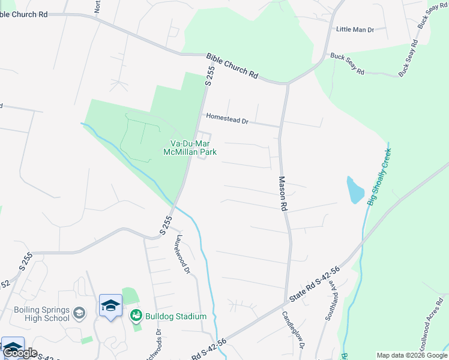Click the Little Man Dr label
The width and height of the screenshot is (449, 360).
click(x=355, y=29)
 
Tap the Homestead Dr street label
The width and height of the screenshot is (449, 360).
click(x=227, y=119)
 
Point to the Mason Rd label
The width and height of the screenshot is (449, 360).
click(x=282, y=193)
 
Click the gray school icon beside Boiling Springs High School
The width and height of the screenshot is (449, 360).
click(x=79, y=313)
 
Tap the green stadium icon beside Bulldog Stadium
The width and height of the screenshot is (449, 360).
click(x=136, y=315)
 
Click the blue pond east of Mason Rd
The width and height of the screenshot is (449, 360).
click(x=354, y=190)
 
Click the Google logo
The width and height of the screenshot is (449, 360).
click(x=20, y=353)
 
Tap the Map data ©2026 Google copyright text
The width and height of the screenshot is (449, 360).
click(x=412, y=355)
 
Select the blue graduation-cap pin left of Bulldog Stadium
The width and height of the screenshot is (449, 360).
click(x=110, y=307)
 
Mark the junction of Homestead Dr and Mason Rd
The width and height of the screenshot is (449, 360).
click(x=280, y=126)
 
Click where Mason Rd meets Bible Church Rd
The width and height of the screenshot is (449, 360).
click(x=288, y=83)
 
